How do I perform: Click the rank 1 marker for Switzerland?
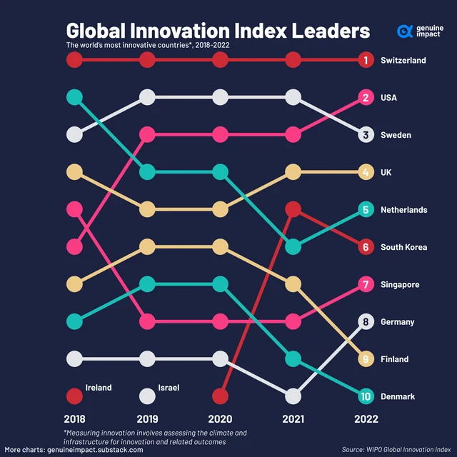point(366,60)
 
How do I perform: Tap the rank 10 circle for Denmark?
point(366,396)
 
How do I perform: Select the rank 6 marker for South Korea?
point(366,247)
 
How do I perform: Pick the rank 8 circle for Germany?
point(366,322)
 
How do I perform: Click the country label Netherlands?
point(404,210)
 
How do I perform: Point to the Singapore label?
point(400,285)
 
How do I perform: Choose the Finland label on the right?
point(395,359)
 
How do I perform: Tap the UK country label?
point(387,172)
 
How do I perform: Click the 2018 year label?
point(74,419)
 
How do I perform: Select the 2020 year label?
point(220,419)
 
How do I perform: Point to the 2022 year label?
point(366,419)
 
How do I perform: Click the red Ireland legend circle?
point(74,396)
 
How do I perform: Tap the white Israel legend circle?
point(147,396)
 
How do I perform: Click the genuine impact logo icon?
point(405,31)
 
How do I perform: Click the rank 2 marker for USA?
point(366,98)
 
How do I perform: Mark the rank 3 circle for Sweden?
point(366,135)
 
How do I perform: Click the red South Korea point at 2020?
point(220,396)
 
